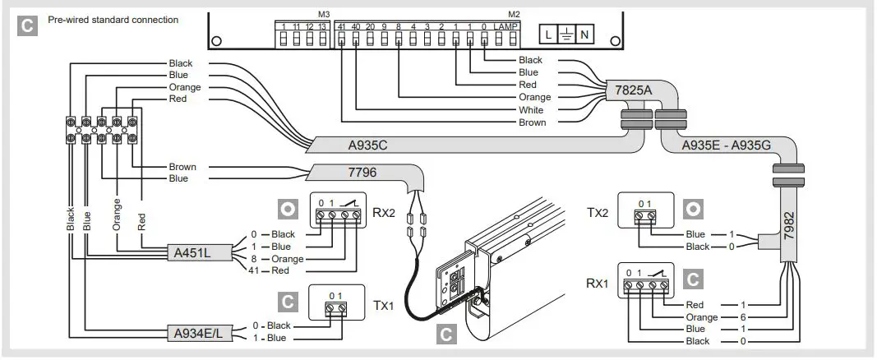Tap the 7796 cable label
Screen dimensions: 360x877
pyautogui.click(x=339, y=173)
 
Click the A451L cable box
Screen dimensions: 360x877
pyautogui.click(x=194, y=252)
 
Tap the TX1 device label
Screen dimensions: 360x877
pyautogui.click(x=383, y=304)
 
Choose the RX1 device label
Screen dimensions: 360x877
pyautogui.click(x=598, y=284)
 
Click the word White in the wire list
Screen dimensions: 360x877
pyautogui.click(x=531, y=110)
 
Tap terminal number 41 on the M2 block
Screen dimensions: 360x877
pyautogui.click(x=341, y=27)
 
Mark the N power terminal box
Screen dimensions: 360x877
pyautogui.click(x=585, y=35)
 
